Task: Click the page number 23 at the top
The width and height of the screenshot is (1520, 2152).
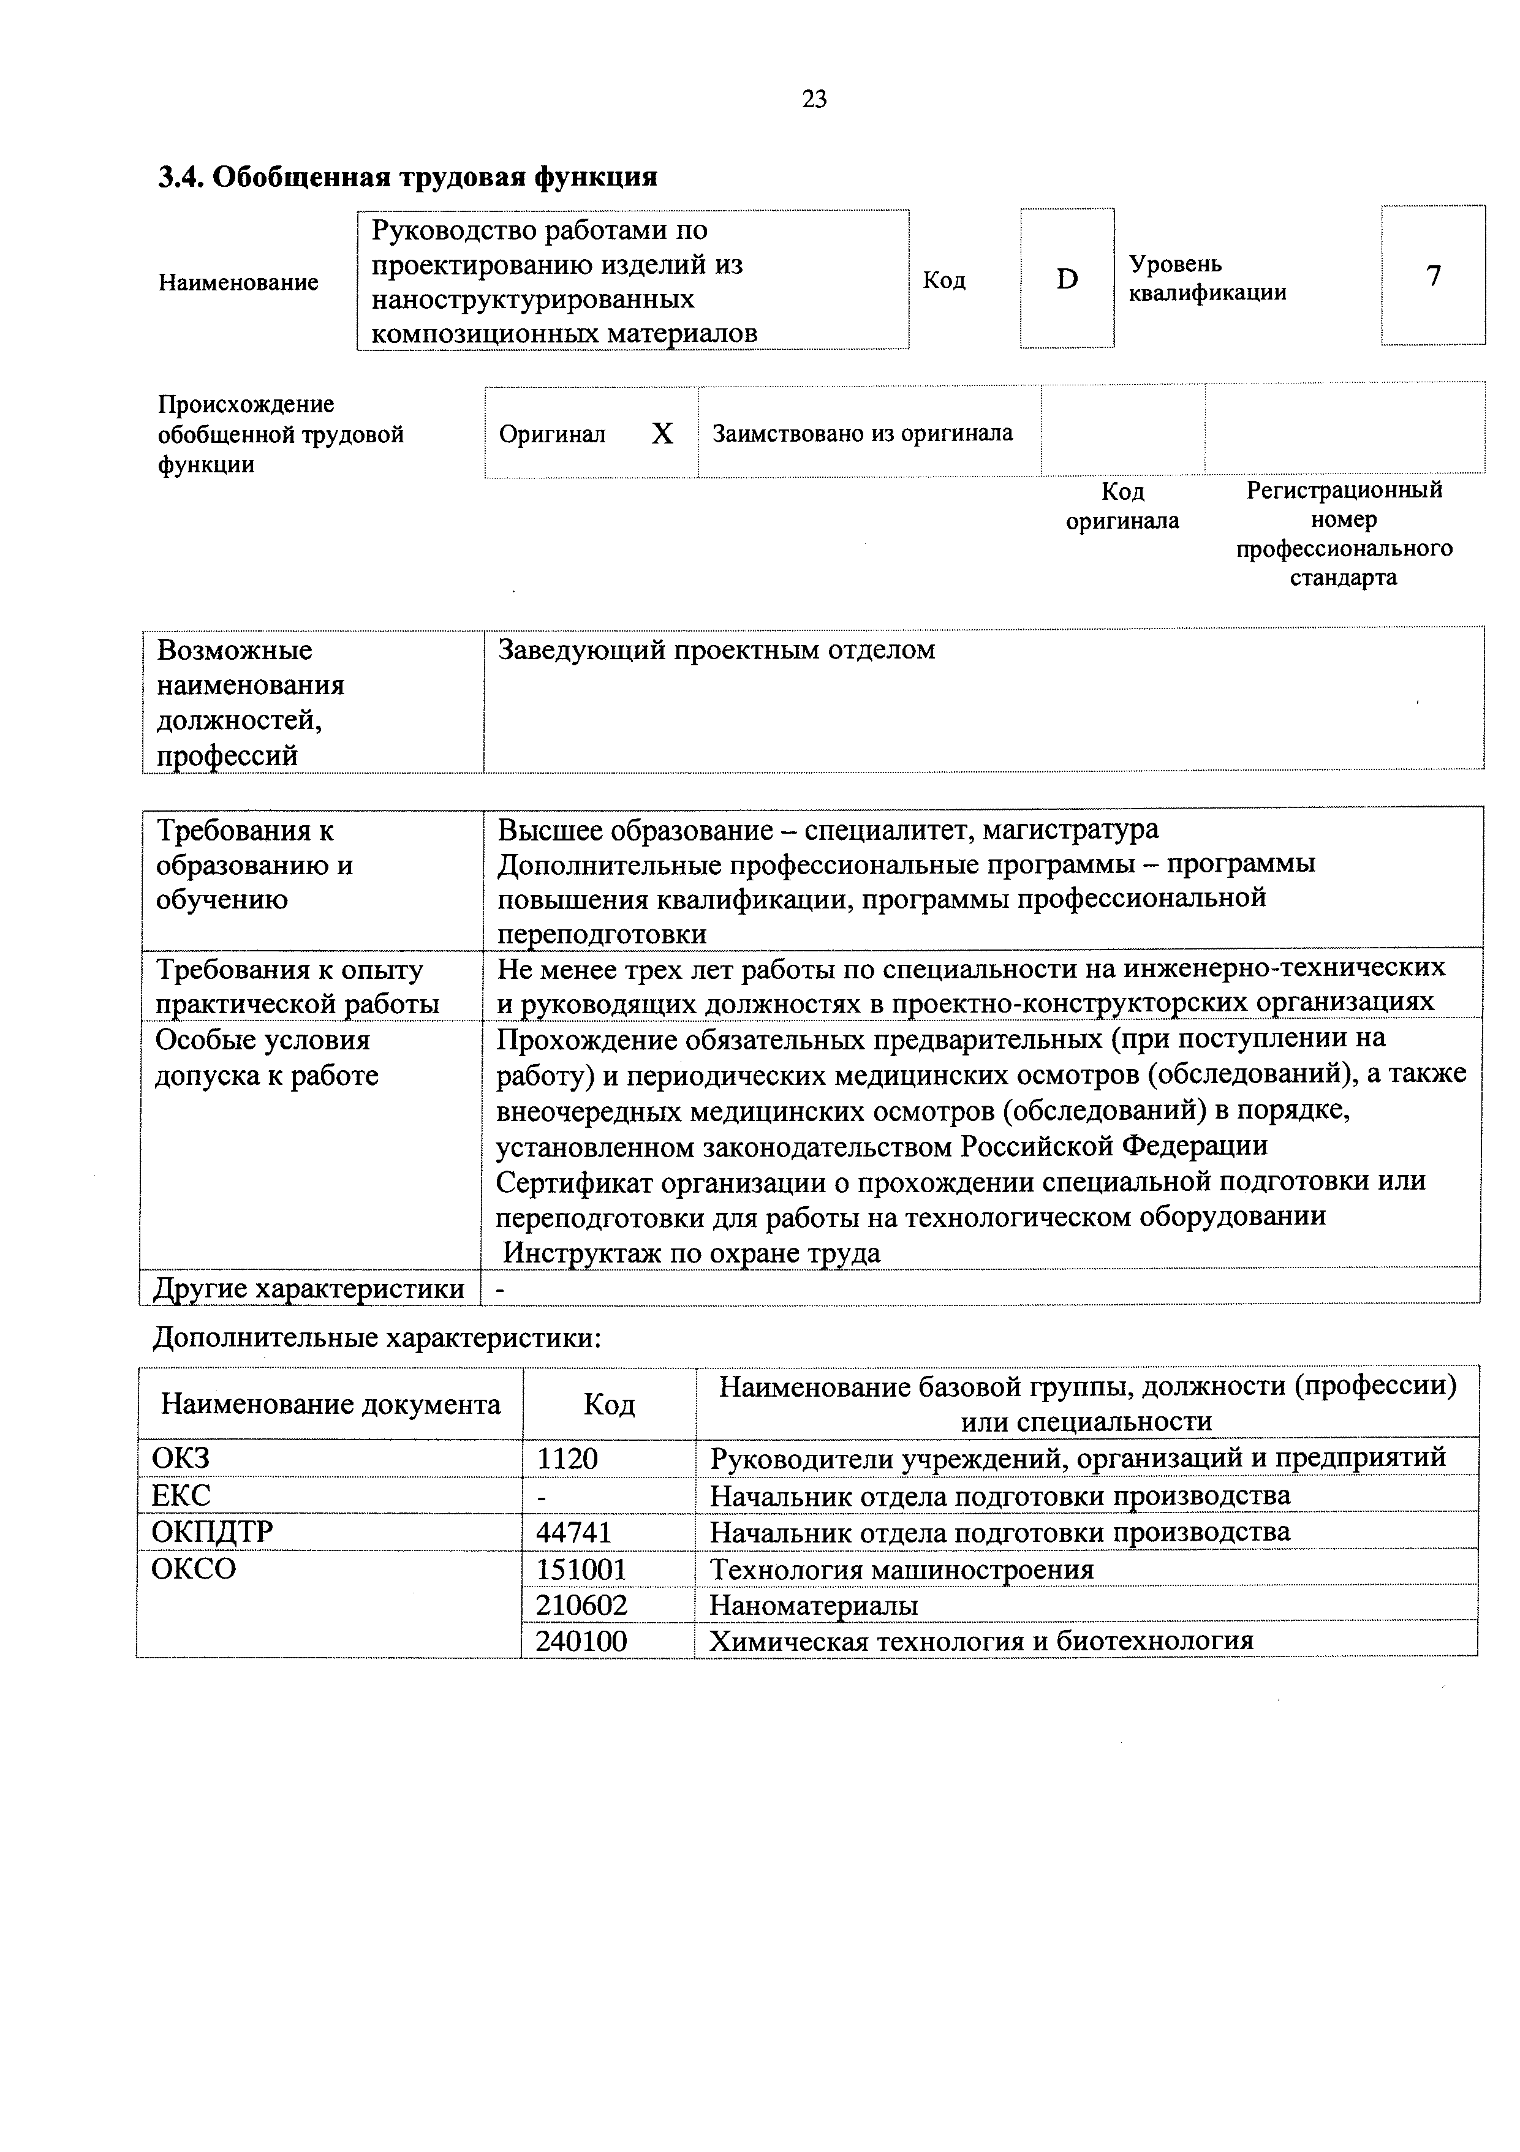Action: coord(814,99)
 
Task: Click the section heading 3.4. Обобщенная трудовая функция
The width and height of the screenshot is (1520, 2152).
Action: coord(407,176)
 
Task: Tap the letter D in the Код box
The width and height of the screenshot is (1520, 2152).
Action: coord(1067,278)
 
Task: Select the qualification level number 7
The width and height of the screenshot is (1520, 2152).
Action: coord(1433,276)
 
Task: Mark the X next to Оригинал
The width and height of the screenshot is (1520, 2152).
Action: coord(662,434)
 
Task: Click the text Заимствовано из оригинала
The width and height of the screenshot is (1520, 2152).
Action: coord(862,433)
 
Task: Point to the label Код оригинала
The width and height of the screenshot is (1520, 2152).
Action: coord(1122,506)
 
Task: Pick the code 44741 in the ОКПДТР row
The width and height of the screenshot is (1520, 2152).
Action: coord(573,1531)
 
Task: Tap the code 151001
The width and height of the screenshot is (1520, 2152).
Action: coord(581,1568)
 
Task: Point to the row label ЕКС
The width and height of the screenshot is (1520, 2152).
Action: coord(181,1495)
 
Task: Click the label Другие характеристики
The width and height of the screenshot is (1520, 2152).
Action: coord(309,1289)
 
